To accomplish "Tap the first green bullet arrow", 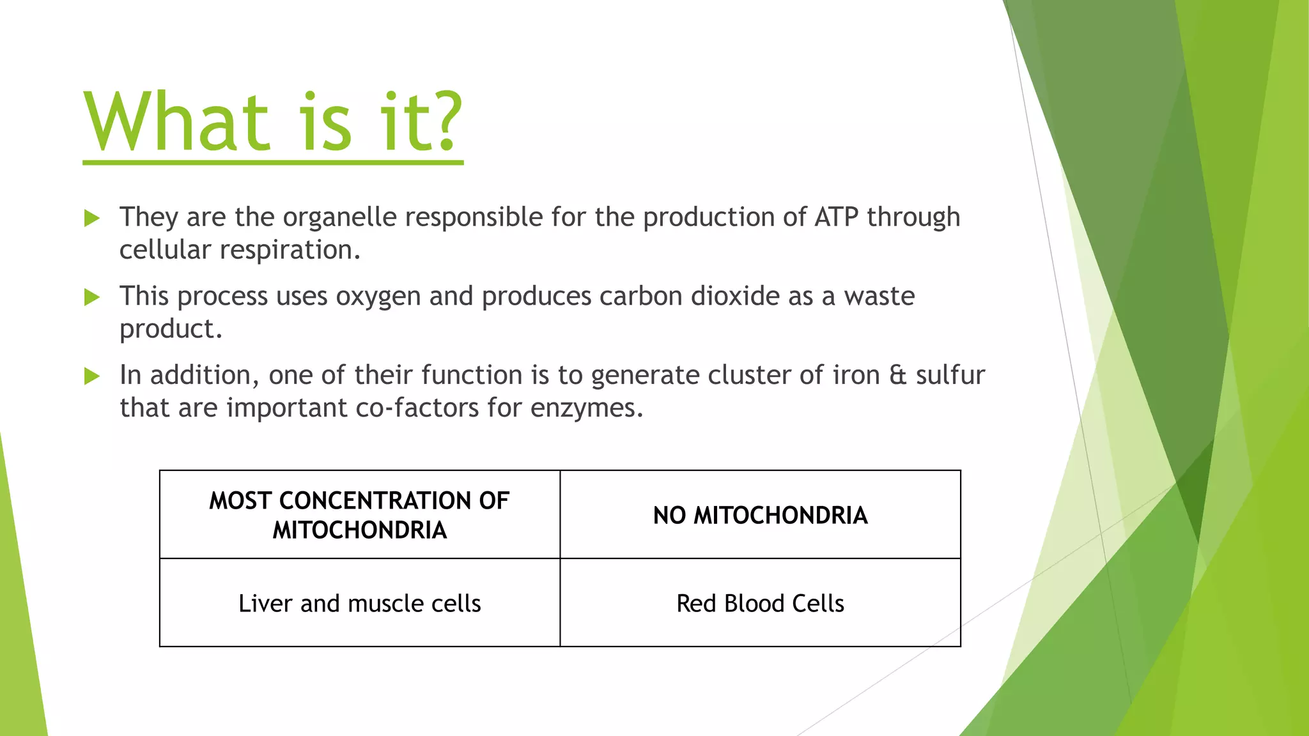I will pos(92,218).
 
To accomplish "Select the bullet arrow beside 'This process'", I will pos(92,297).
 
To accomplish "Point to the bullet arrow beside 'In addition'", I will pos(92,376).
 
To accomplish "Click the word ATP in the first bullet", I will pos(836,217).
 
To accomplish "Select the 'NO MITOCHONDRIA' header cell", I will pos(760,515).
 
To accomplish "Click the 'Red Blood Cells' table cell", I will pos(760,603).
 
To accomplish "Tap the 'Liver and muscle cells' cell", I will pos(359,603).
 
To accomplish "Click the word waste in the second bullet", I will pos(879,296).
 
